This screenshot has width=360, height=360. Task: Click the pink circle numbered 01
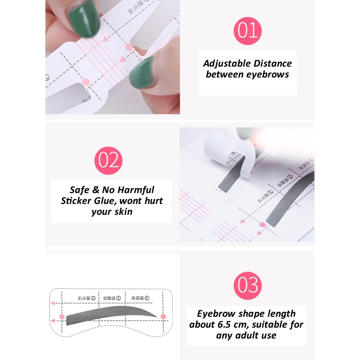click(x=247, y=31)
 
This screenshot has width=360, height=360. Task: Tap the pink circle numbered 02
click(x=108, y=161)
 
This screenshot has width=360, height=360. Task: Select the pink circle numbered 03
click(x=247, y=285)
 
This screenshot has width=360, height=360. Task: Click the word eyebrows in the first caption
click(x=268, y=75)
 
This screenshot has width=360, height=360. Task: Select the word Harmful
click(x=135, y=190)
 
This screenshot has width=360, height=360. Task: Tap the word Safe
click(x=79, y=190)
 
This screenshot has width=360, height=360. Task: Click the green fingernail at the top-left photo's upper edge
click(x=84, y=18)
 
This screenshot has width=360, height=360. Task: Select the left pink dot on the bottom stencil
click(x=62, y=317)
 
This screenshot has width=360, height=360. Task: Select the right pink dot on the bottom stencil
click(x=163, y=316)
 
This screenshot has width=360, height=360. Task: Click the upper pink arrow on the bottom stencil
click(x=53, y=303)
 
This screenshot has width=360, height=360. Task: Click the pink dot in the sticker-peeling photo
click(x=262, y=224)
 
